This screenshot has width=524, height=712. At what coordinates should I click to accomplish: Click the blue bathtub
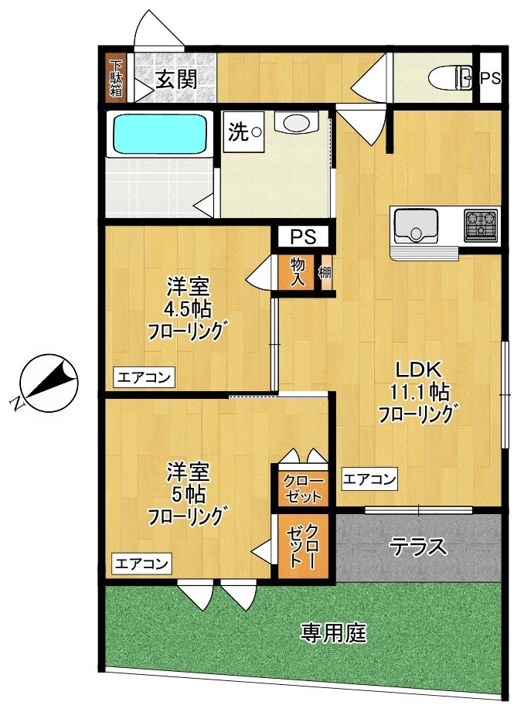pyautogui.click(x=159, y=134)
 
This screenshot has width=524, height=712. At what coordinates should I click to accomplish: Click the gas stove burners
pyautogui.click(x=481, y=224)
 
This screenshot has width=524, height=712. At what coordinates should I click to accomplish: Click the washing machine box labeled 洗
pyautogui.click(x=243, y=132)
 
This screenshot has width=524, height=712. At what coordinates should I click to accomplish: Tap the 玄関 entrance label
pyautogui.click(x=177, y=80)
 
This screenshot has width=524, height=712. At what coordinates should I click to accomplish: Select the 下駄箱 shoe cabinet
pyautogui.click(x=117, y=77)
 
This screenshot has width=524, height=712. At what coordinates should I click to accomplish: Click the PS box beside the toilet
pyautogui.click(x=491, y=78)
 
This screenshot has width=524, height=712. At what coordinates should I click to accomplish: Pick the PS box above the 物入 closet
pyautogui.click(x=303, y=237)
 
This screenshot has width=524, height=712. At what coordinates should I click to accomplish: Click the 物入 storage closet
pyautogui.click(x=298, y=271)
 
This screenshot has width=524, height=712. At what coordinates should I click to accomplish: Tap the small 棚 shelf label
pyautogui.click(x=325, y=273)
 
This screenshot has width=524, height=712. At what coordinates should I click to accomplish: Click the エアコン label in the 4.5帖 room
pyautogui.click(x=144, y=377)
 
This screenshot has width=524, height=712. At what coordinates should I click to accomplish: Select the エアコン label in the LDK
pyautogui.click(x=369, y=479)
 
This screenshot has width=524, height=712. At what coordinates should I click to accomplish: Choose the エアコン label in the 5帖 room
pyautogui.click(x=142, y=564)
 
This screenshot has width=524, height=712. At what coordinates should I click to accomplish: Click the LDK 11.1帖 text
pyautogui.click(x=419, y=381)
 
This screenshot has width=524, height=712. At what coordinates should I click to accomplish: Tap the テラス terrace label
pyautogui.click(x=418, y=547)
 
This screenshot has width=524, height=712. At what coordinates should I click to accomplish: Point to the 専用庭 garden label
pyautogui.click(x=333, y=632)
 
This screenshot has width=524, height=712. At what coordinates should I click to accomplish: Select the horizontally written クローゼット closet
pyautogui.click(x=303, y=488)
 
